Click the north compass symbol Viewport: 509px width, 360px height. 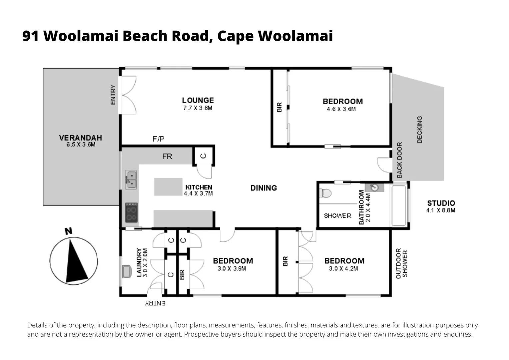(74, 261)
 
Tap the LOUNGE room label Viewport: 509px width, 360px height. (198, 100)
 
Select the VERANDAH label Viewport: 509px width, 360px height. (81, 138)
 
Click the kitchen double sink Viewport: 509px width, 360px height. (131, 179)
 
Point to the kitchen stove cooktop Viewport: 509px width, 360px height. (131, 213)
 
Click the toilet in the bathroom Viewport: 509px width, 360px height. (324, 193)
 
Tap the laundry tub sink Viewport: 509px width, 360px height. (126, 271)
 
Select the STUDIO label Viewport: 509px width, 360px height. (441, 203)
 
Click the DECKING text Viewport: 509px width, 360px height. (419, 130)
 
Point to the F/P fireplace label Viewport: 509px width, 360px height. (159, 139)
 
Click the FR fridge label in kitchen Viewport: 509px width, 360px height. (167, 156)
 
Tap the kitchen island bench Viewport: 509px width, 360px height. (168, 187)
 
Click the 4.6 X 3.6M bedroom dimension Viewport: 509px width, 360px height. (341, 109)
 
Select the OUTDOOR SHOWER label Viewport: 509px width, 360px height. (401, 263)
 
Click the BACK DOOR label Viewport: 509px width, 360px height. (399, 160)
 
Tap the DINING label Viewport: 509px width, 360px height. (263, 188)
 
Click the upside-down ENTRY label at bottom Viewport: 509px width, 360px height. (155, 303)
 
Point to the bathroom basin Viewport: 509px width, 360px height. (375, 187)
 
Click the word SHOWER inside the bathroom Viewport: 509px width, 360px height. (337, 216)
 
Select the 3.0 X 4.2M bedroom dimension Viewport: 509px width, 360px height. (343, 269)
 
